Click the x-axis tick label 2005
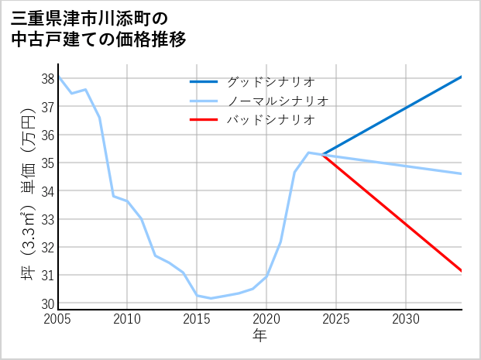click(58, 319)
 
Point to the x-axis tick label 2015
click(197, 319)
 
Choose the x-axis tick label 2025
click(336, 319)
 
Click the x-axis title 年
click(259, 335)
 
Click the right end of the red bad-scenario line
click(461, 270)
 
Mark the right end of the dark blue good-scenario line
click(461, 77)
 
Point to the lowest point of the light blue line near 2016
click(211, 298)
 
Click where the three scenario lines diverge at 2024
click(322, 155)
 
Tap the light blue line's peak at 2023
click(308, 153)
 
